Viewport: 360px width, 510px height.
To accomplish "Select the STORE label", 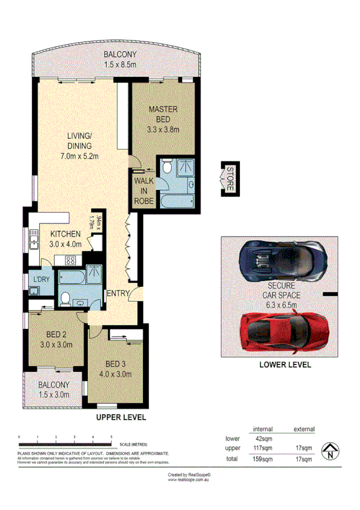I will pyautogui.click(x=229, y=178).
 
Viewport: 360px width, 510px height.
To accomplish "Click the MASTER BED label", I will pyautogui.click(x=163, y=118).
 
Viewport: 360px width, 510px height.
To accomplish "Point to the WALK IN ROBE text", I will pyautogui.click(x=144, y=191).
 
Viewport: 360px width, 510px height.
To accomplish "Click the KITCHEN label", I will pyautogui.click(x=66, y=239).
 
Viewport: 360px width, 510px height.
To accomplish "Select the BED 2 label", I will pyautogui.click(x=59, y=340).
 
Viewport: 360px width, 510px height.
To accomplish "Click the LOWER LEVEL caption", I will pyautogui.click(x=284, y=365).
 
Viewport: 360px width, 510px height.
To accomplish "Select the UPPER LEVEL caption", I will pyautogui.click(x=121, y=417).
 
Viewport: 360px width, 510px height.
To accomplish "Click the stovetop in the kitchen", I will pyautogui.click(x=69, y=260).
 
